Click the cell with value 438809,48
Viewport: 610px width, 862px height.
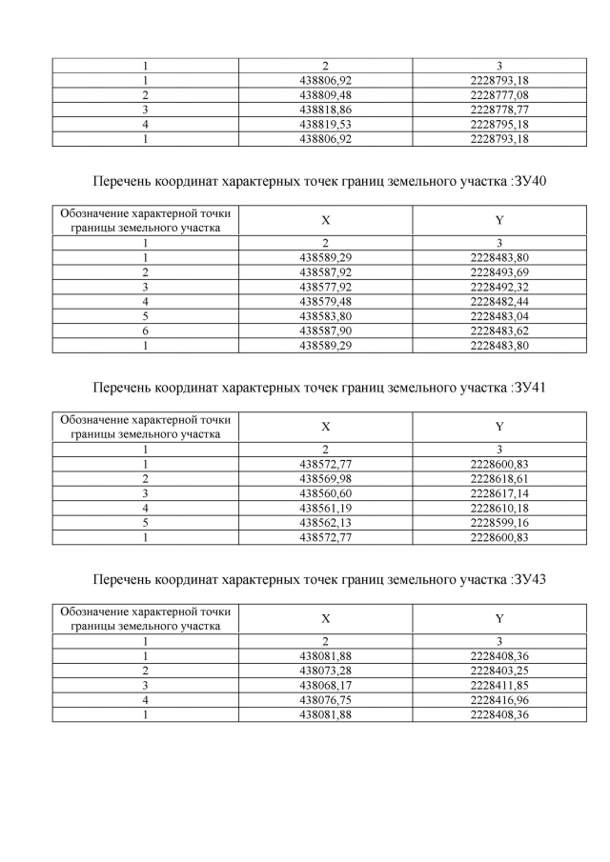[x=326, y=95]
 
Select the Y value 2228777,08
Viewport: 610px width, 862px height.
[x=499, y=95]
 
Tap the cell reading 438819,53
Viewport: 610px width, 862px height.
[x=326, y=124]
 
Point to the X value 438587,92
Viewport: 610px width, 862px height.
[x=326, y=271]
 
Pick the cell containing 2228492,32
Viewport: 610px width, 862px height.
[x=499, y=285]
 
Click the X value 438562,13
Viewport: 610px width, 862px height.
[x=326, y=524]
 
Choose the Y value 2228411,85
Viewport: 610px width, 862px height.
[x=499, y=687]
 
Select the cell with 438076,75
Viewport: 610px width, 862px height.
[x=326, y=701]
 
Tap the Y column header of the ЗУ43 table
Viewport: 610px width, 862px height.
[x=499, y=619]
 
